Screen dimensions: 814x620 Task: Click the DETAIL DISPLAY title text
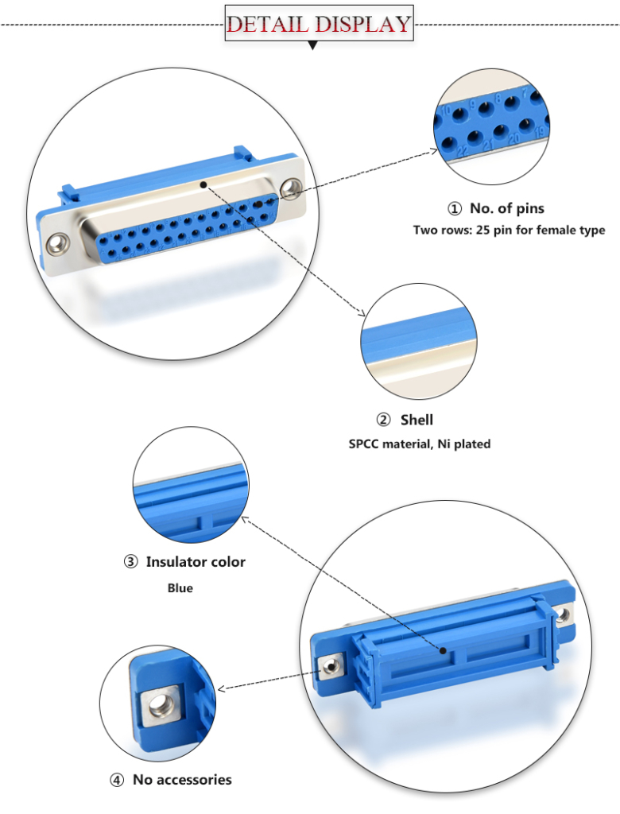[319, 23]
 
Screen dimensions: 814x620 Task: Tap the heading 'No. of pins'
[507, 208]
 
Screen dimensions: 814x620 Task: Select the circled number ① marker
[455, 209]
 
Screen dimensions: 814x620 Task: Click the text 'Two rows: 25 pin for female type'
[509, 231]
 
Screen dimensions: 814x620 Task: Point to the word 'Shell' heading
[417, 420]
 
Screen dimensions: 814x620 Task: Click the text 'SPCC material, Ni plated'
[420, 444]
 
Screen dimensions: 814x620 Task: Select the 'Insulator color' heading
[196, 562]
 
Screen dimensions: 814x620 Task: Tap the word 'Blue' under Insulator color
[180, 588]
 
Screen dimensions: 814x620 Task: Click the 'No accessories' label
[182, 779]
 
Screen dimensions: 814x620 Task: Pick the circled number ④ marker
[117, 780]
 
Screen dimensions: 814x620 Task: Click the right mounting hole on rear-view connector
[564, 613]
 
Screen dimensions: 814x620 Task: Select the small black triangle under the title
[312, 46]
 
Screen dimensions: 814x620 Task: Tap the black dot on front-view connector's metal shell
[205, 184]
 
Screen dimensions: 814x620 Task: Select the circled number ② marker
[383, 420]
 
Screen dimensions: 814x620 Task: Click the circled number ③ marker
[130, 562]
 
